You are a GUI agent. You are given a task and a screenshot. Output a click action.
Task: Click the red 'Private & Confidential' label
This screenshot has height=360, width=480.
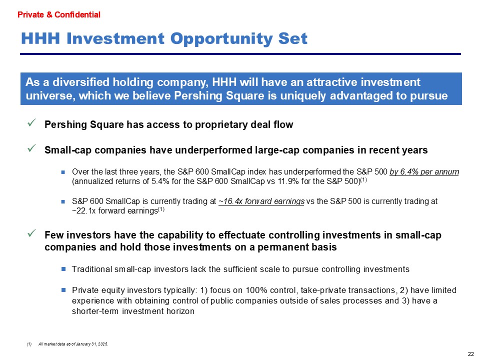click(59, 14)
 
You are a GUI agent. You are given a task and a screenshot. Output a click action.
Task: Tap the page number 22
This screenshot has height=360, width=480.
click(471, 354)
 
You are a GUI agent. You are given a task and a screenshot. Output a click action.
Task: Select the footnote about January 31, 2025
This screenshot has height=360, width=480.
click(73, 344)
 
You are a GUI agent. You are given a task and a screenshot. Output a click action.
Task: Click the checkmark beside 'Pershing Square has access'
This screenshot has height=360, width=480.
click(31, 123)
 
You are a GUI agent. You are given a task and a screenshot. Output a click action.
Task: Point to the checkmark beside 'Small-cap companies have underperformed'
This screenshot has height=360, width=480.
click(31, 148)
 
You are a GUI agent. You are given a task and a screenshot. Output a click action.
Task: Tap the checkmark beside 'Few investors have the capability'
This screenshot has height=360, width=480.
click(31, 233)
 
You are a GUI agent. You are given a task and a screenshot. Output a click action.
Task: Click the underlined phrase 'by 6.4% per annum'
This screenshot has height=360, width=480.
click(424, 171)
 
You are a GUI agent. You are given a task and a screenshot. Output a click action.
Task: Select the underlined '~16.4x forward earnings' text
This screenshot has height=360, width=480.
click(261, 201)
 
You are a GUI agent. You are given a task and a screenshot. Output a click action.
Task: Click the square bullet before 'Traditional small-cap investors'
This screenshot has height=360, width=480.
click(63, 269)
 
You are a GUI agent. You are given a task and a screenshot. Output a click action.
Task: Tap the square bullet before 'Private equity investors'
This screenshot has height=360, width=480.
click(63, 290)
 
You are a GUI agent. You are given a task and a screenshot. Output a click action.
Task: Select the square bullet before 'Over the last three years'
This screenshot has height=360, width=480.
click(63, 172)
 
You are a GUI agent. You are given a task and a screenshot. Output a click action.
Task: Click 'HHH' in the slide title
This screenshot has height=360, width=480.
click(40, 39)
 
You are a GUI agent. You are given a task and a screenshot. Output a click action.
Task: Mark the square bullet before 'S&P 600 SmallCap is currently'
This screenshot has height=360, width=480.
click(63, 201)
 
